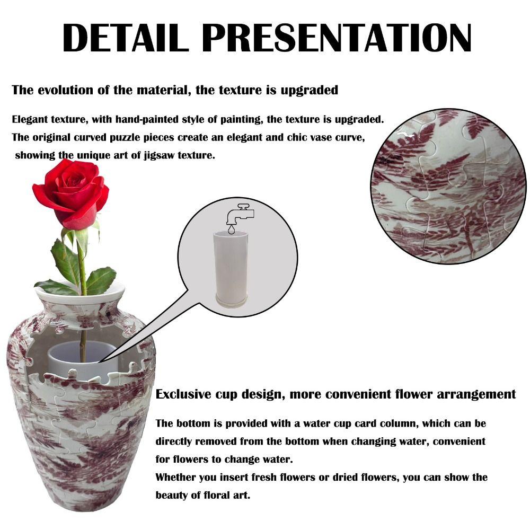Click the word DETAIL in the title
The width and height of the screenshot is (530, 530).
[126, 38]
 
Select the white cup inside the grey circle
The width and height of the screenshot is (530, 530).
[231, 268]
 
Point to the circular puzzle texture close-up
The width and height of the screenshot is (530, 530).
[448, 185]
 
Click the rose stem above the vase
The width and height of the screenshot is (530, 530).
[81, 265]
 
